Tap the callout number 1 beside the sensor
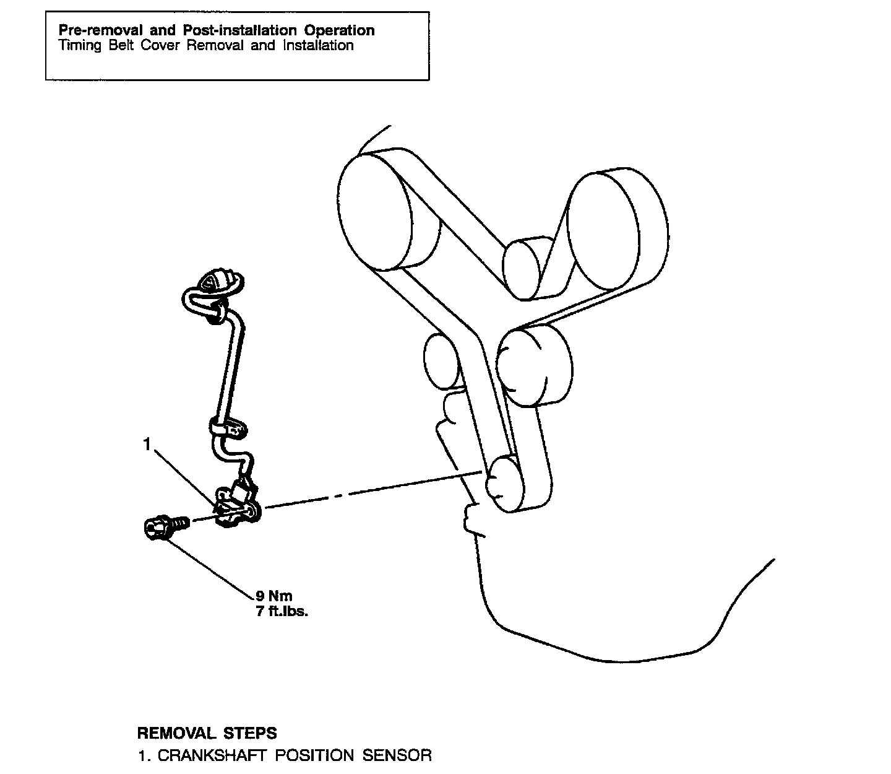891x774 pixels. pyautogui.click(x=147, y=445)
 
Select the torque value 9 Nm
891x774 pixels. pyautogui.click(x=274, y=596)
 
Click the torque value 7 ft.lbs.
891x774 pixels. pyautogui.click(x=282, y=613)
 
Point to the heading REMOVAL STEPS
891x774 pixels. pyautogui.click(x=207, y=733)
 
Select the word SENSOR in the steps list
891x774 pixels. pyautogui.click(x=397, y=755)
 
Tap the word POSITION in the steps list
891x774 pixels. pyautogui.click(x=315, y=755)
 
